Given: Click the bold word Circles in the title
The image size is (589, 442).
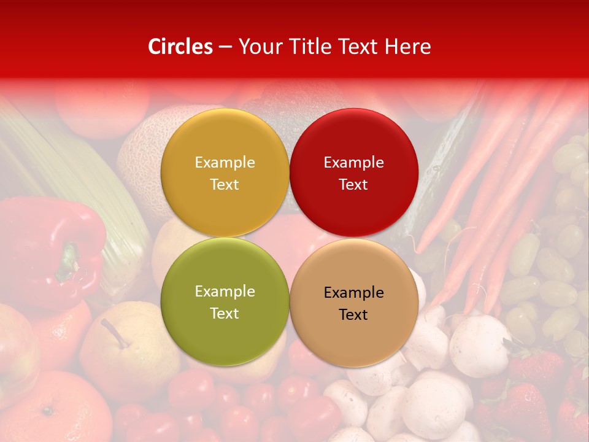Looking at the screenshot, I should click(x=180, y=47).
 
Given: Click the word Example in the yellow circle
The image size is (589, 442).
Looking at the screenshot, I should click(x=225, y=163).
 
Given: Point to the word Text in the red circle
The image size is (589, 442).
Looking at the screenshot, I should click(x=353, y=185).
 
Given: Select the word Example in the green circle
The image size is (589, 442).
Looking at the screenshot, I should click(x=225, y=292).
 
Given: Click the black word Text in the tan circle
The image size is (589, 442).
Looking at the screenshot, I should click(x=353, y=315).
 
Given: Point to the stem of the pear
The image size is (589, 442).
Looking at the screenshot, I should click(x=113, y=331).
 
